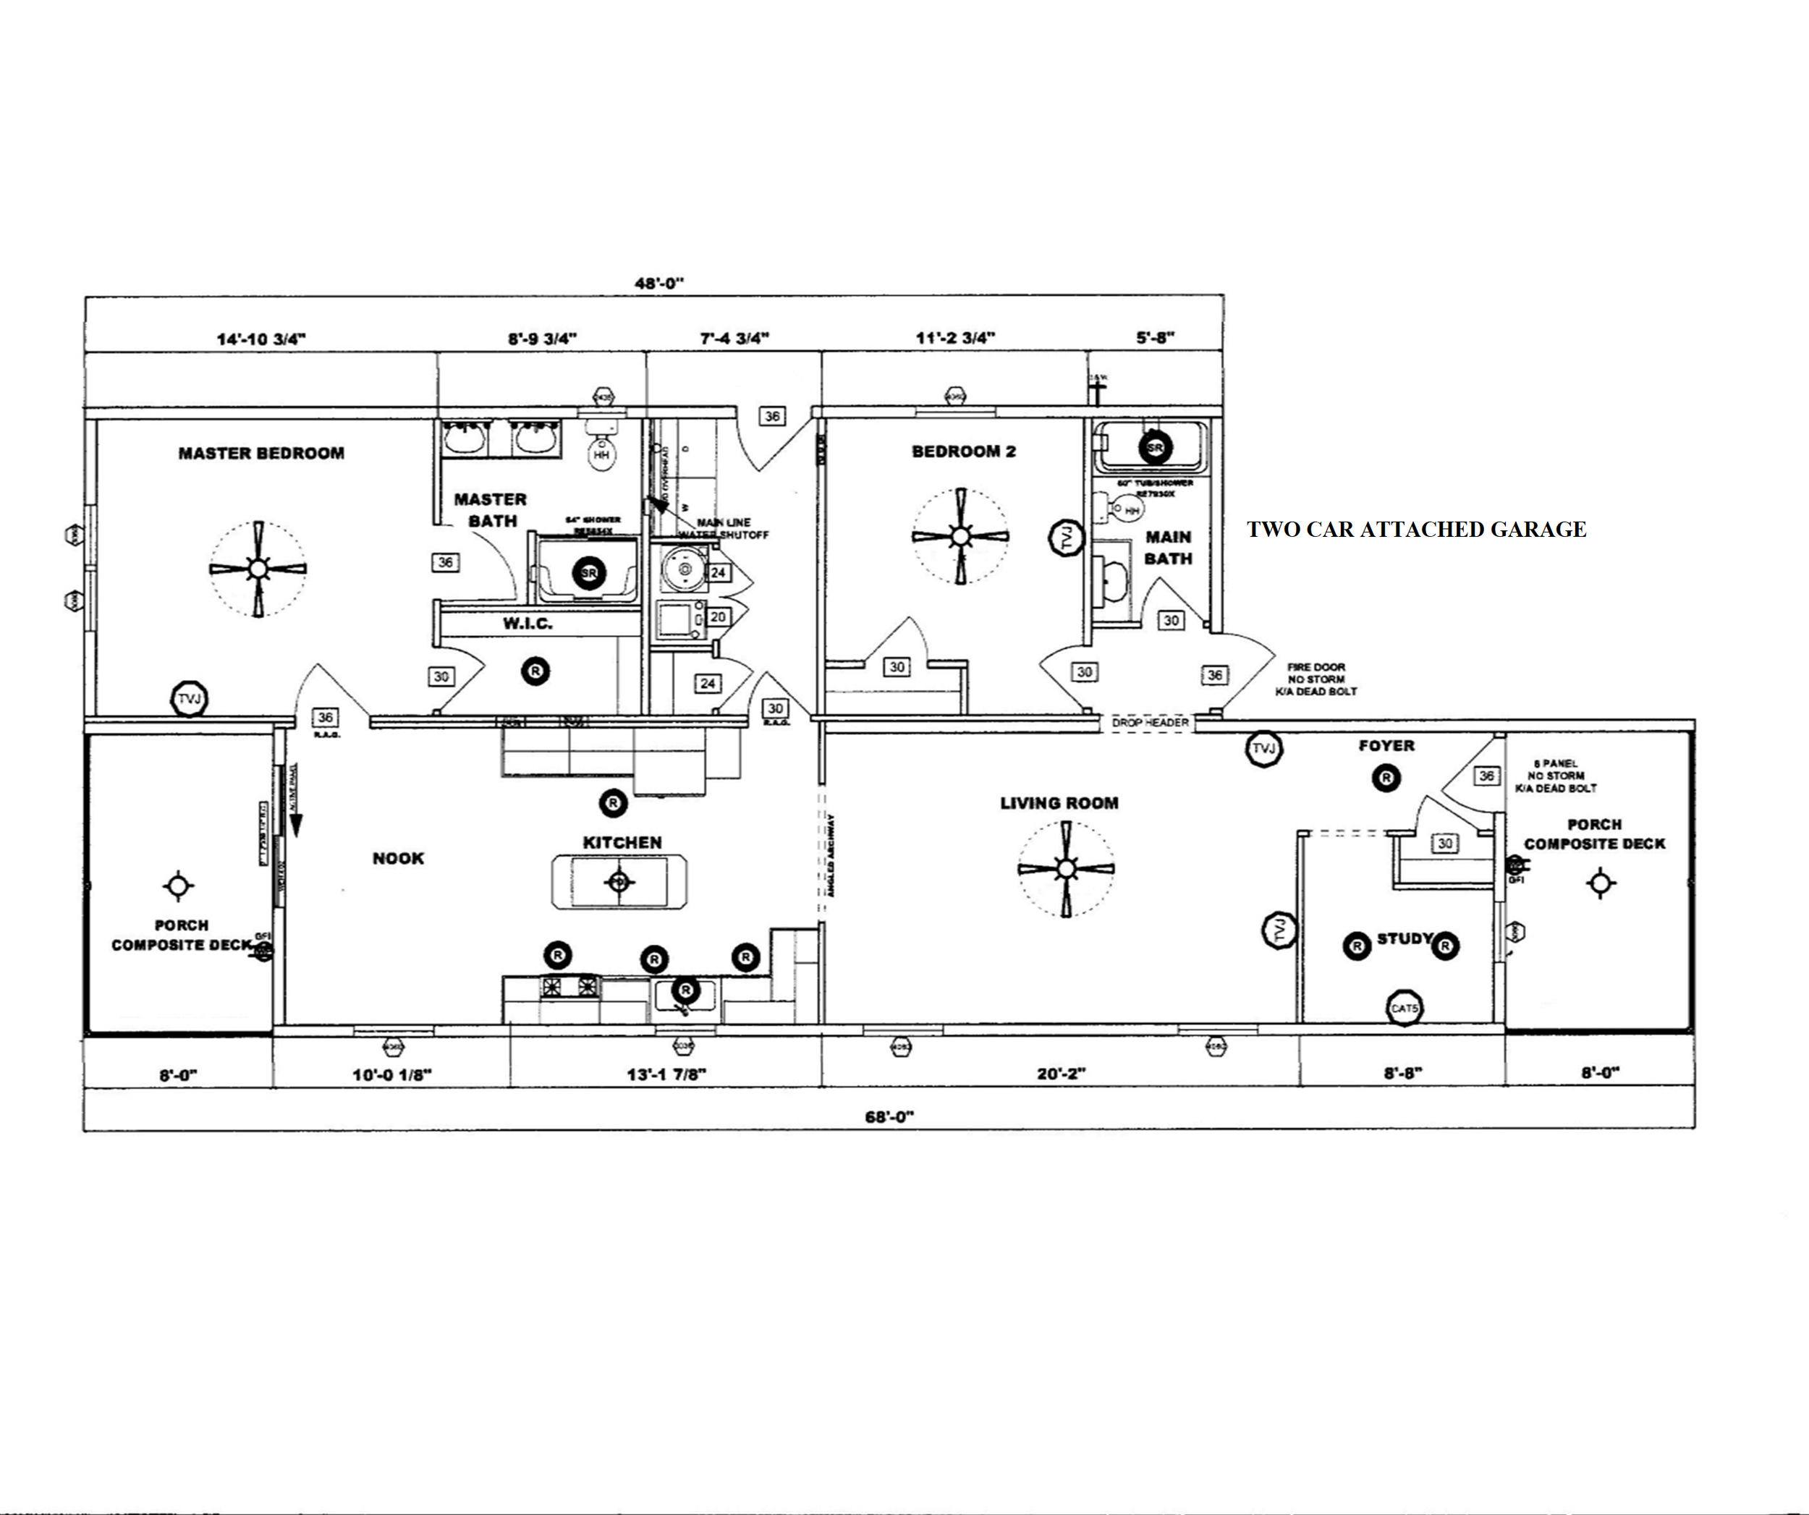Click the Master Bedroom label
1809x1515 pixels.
pos(261,453)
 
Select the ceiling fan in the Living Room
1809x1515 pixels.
pos(1066,869)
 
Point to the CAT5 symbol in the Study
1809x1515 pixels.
pos(1404,1008)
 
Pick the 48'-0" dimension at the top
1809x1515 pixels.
pos(659,282)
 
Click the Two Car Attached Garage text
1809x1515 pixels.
pos(1416,530)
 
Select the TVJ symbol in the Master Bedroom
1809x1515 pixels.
pos(190,700)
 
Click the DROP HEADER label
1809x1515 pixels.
pos(1150,723)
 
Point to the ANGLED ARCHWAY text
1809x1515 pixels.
pos(831,855)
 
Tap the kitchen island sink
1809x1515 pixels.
pos(619,882)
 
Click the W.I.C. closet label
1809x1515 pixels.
pos(528,624)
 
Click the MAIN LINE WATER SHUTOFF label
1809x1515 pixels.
pos(724,528)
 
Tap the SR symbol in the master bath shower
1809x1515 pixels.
pos(589,573)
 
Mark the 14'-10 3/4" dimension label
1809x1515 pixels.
pos(261,339)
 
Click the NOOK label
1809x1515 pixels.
pos(398,858)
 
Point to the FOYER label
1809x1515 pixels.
pos(1386,746)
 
